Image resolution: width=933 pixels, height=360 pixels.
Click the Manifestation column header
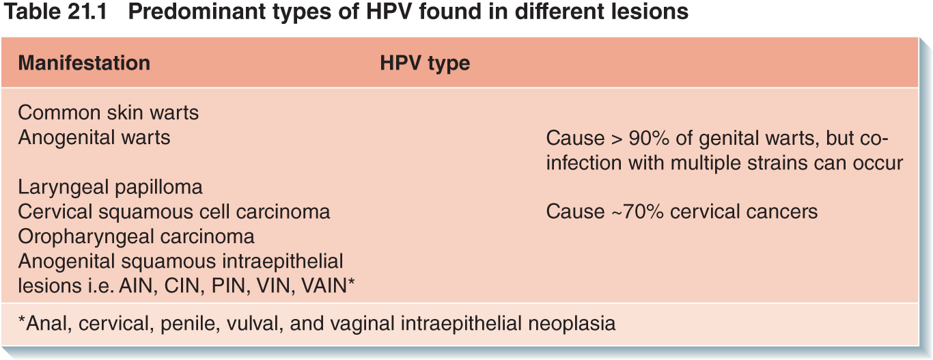pyautogui.click(x=84, y=64)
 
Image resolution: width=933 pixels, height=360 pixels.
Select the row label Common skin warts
pyautogui.click(x=109, y=113)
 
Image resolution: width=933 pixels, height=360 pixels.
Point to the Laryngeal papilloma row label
pyautogui.click(x=111, y=188)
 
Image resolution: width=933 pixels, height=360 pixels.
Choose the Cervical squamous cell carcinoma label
pyautogui.click(x=174, y=212)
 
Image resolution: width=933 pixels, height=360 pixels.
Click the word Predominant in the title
pyautogui.click(x=197, y=11)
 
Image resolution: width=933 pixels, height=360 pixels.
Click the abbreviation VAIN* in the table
pyautogui.click(x=328, y=286)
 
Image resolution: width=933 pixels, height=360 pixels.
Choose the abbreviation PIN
pyautogui.click(x=230, y=286)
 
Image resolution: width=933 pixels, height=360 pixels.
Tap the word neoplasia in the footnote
pyautogui.click(x=572, y=324)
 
